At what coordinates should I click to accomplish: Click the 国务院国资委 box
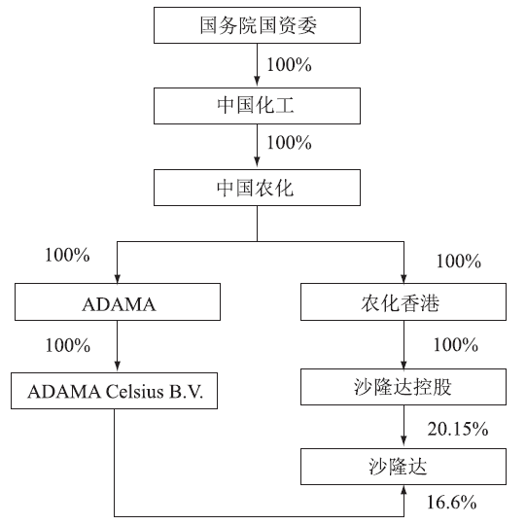257,25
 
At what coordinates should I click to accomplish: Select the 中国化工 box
257,106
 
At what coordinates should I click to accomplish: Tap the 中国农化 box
257,188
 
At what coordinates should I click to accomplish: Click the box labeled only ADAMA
118,302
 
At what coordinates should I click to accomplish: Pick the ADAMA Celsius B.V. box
114,391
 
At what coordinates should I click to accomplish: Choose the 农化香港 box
403,302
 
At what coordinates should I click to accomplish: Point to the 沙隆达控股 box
403,387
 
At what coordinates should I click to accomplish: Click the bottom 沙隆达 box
403,467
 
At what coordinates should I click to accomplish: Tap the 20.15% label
458,429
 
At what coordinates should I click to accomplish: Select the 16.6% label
451,503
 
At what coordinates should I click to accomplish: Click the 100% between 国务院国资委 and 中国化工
289,65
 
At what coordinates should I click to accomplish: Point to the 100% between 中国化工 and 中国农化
289,143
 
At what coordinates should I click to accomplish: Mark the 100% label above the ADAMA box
67,256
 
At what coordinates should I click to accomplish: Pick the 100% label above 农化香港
458,262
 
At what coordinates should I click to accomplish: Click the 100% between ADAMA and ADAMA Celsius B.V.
68,345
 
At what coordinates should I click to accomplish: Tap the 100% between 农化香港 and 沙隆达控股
456,345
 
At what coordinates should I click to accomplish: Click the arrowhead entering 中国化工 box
257,82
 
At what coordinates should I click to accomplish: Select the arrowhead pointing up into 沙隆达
403,490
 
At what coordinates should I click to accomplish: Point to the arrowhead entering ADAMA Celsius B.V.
118,367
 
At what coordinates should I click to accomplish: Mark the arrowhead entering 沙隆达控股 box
403,363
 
